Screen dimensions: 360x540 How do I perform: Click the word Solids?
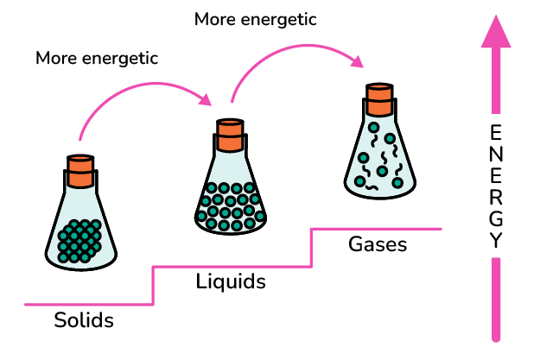84,321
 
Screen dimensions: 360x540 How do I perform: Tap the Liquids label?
231,282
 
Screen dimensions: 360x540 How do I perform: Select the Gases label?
378,244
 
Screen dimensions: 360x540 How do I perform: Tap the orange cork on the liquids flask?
232,135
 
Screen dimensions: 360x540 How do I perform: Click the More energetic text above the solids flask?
97,58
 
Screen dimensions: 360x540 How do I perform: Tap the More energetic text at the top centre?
256,18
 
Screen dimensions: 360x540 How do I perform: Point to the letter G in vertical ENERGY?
495,219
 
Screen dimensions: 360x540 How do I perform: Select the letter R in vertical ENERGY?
495,198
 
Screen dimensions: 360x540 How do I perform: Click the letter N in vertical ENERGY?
495,155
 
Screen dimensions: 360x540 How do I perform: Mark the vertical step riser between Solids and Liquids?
154,285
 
